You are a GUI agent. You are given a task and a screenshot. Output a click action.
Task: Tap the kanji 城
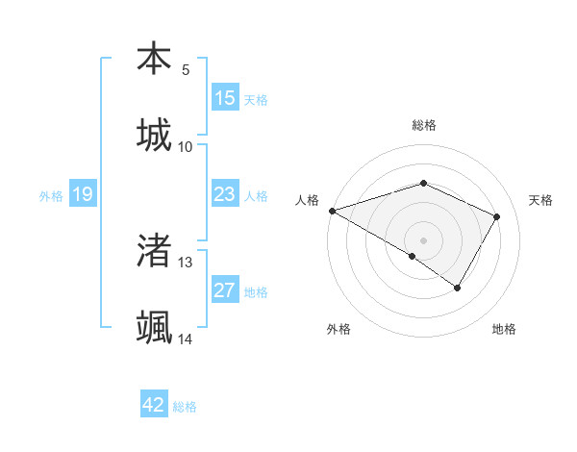click(154, 135)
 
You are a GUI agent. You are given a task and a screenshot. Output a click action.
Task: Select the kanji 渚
click(154, 250)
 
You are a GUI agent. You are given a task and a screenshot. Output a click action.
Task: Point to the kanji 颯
click(154, 327)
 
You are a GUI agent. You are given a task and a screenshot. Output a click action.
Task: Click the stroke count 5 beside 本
click(185, 69)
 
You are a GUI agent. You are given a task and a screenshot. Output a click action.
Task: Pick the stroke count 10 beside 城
click(186, 146)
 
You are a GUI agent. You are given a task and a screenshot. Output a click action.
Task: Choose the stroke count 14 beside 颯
click(186, 339)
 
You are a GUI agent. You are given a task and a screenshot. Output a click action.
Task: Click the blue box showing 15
click(225, 98)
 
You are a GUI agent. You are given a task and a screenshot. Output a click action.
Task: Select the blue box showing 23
click(225, 195)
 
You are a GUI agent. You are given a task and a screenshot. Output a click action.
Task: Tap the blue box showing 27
click(225, 290)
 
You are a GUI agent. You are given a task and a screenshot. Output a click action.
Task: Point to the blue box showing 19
click(82, 195)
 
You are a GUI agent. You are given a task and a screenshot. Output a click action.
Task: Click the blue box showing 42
click(154, 405)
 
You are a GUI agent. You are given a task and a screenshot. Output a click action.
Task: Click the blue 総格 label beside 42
click(185, 407)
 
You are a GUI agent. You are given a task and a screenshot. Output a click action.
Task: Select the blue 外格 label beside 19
click(51, 196)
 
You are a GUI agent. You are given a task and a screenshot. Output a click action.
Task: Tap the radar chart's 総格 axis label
click(423, 125)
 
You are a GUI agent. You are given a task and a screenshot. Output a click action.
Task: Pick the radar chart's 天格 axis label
click(540, 200)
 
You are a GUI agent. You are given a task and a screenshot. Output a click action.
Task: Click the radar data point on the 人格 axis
click(332, 211)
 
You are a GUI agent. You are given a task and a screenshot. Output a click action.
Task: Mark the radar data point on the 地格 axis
click(458, 288)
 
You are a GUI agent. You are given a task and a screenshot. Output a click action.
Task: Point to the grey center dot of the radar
click(423, 239)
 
